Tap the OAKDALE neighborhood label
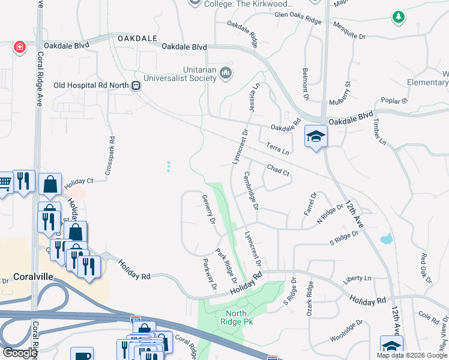133,38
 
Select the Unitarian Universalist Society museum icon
226,73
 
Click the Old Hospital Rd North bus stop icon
137,85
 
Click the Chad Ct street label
279,170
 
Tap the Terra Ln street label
278,148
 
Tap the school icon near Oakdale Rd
315,136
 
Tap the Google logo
20,352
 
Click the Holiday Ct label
79,181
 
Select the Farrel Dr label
310,204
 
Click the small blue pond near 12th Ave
387,239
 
